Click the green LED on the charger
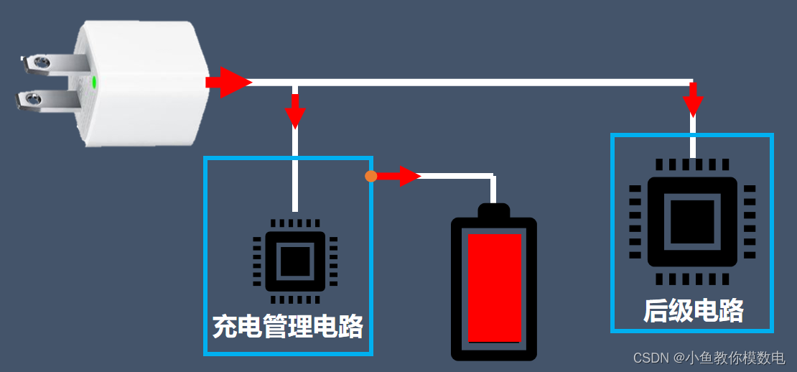coord(95,81)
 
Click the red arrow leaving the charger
coord(228,82)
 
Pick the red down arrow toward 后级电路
coord(693,101)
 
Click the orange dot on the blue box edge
coord(370,176)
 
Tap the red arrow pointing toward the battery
coord(399,176)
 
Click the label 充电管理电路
coord(288,327)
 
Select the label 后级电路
coord(693,310)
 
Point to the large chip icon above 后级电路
coord(692,221)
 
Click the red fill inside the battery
coord(494,287)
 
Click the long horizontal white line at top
coord(467,82)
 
